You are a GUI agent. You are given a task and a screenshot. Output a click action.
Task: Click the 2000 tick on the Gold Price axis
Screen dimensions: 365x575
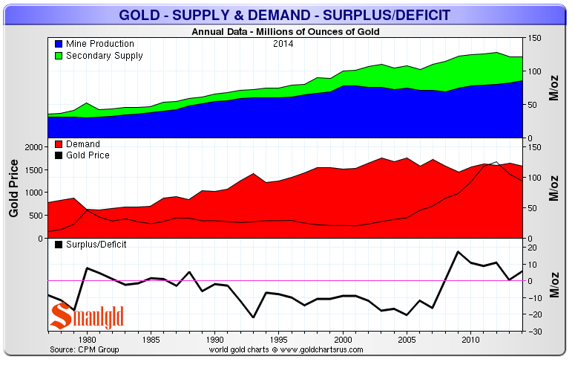36,147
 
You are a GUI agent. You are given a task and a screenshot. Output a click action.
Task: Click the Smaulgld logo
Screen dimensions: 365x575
86,317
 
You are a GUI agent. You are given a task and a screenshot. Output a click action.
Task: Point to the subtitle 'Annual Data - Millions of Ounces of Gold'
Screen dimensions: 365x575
286,32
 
